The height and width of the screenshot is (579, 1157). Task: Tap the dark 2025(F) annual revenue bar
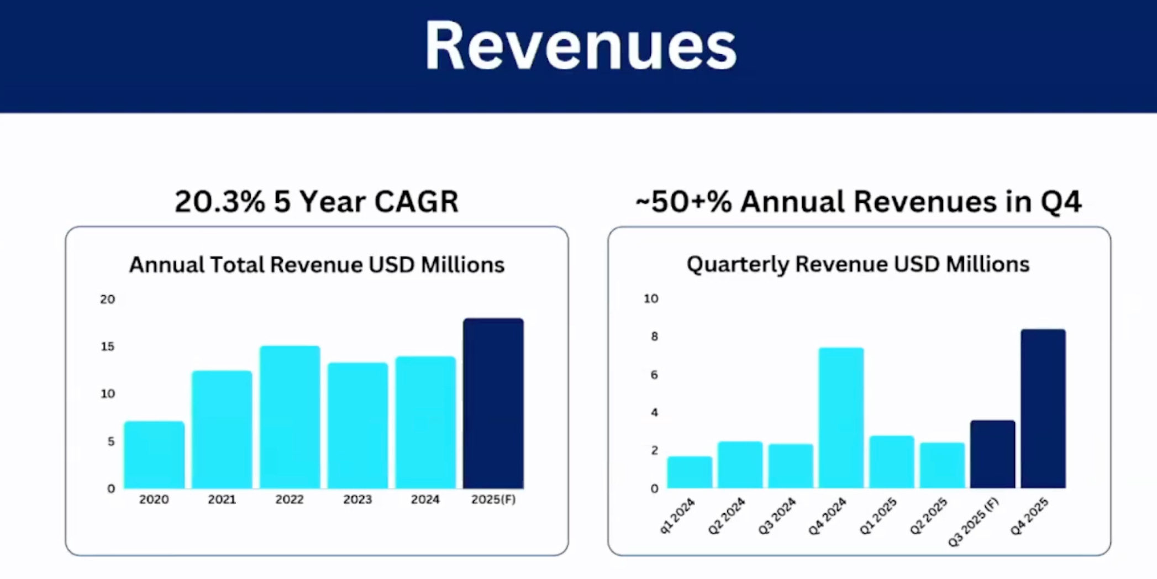pos(493,403)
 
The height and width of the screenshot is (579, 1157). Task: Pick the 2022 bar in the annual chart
pos(290,417)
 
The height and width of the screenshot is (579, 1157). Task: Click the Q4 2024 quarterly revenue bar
pos(841,418)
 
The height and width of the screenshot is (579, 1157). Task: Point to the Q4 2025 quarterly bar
pos(1043,409)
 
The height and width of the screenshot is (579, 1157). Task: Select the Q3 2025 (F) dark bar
pos(992,454)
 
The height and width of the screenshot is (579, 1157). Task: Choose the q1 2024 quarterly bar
pos(690,472)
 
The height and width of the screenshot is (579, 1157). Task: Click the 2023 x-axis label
pos(357,499)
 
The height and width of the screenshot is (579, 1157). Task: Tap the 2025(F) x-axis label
pos(493,499)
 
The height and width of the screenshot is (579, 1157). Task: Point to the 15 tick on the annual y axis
pos(108,347)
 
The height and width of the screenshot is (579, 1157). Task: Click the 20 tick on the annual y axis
pos(108,299)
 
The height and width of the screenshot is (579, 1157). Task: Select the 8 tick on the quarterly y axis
pos(654,336)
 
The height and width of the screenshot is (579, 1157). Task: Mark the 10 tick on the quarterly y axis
pos(651,299)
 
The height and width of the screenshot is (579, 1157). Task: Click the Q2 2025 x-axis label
pos(929,516)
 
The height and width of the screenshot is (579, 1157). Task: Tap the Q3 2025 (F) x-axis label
pos(974,523)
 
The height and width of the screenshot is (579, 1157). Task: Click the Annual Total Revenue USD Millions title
pos(317,265)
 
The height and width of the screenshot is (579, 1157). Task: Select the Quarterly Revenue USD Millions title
pos(858,264)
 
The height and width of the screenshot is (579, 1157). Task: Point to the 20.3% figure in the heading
pos(220,202)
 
